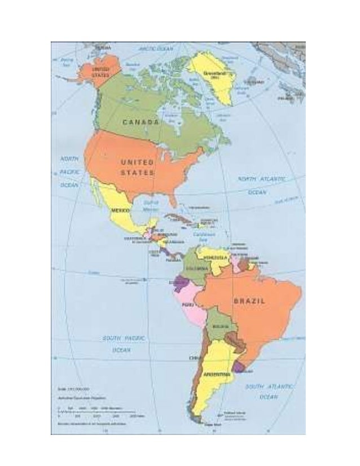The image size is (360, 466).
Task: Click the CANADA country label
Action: (x=141, y=122)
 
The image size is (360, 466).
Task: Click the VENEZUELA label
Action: (x=215, y=258)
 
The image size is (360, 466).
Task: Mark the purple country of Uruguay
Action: (x=240, y=367)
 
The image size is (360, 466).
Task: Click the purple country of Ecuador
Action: (x=181, y=282)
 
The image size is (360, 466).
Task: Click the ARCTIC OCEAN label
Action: (x=156, y=49)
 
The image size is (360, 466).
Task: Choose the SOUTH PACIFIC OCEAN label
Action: (x=124, y=344)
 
